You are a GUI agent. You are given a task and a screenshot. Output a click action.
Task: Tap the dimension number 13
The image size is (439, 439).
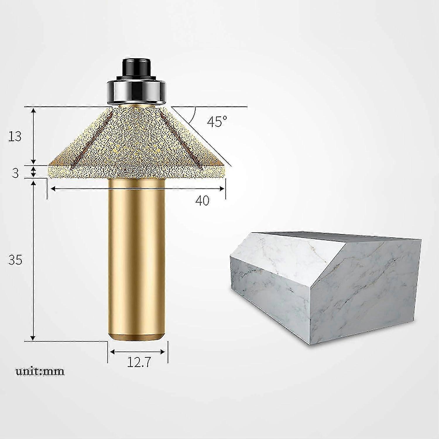[x=15, y=136]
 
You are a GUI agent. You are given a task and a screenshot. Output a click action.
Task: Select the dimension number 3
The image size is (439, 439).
[x=15, y=173]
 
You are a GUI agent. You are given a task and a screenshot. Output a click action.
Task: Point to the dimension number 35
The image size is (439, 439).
[x=15, y=260]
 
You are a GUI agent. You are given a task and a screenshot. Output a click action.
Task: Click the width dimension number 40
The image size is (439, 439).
[x=203, y=200]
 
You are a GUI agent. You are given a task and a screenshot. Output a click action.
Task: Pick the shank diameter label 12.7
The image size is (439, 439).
[x=138, y=363]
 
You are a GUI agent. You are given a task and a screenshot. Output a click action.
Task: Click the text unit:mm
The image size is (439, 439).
[x=40, y=371]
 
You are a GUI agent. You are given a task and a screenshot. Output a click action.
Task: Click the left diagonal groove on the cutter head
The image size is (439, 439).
[x=91, y=138]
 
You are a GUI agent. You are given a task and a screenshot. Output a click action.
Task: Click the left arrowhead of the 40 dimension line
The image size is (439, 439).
[x=53, y=189]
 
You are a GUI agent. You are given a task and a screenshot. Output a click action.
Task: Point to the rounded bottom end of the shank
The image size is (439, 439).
[x=137, y=337]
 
